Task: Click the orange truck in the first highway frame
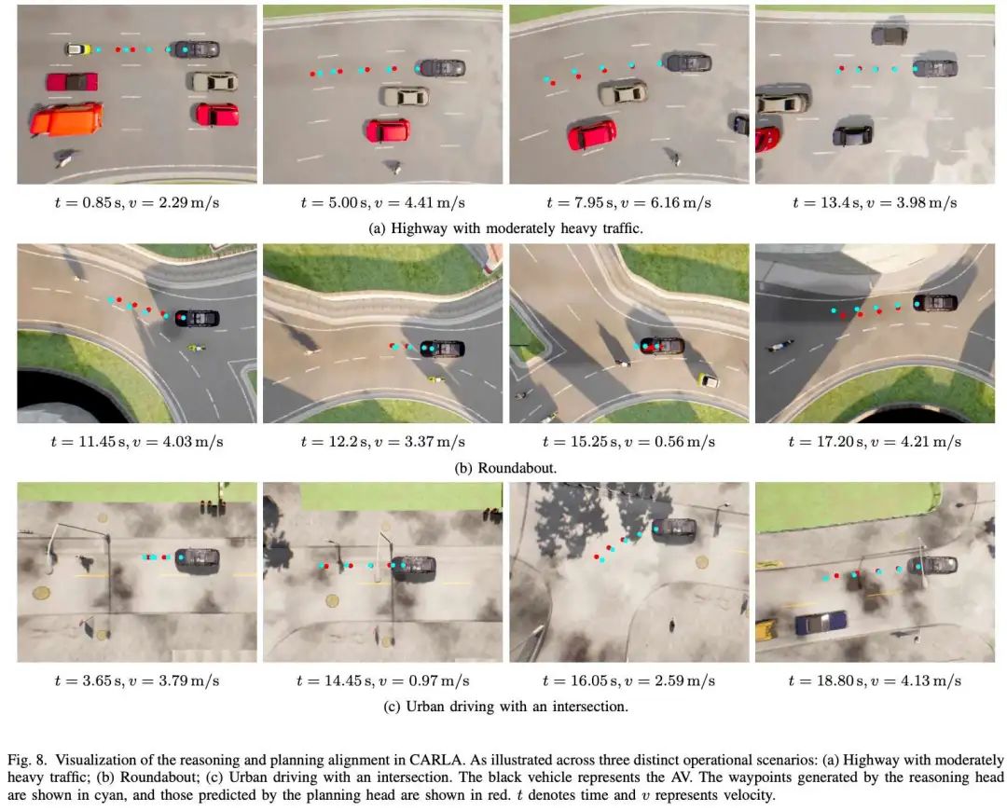pyautogui.click(x=66, y=118)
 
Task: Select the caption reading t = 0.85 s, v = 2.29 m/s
pyautogui.click(x=137, y=203)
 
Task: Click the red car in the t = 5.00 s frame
pyautogui.click(x=388, y=130)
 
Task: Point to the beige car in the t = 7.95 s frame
pyautogui.click(x=623, y=92)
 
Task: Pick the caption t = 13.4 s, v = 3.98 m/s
pyautogui.click(x=875, y=203)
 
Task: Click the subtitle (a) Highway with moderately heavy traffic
pyautogui.click(x=505, y=228)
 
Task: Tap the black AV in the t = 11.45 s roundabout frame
pyautogui.click(x=197, y=318)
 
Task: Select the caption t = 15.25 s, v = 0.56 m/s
pyautogui.click(x=628, y=442)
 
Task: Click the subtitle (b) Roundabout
pyautogui.click(x=505, y=468)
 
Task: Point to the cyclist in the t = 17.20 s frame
pyautogui.click(x=778, y=347)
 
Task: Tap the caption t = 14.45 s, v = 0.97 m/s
pyautogui.click(x=383, y=680)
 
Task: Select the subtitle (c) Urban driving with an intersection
pyautogui.click(x=505, y=707)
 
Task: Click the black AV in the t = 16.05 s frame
pyautogui.click(x=674, y=529)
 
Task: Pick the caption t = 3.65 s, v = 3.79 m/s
pyautogui.click(x=137, y=680)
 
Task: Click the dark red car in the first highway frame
pyautogui.click(x=72, y=81)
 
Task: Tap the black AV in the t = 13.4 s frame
pyautogui.click(x=935, y=67)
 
